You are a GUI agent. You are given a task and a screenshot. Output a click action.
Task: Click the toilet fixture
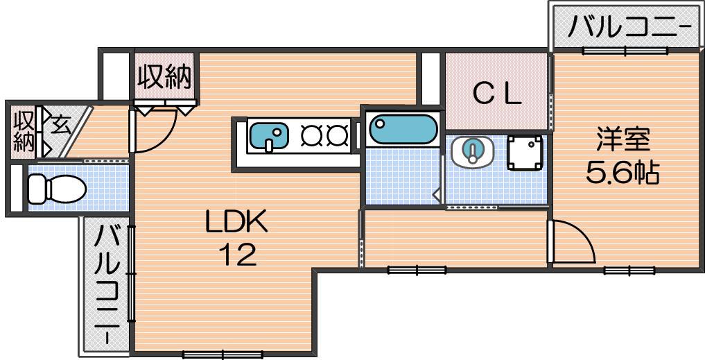[57, 189]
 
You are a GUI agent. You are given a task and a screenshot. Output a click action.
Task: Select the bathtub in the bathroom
[403, 129]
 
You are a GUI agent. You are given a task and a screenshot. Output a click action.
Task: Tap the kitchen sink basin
[269, 136]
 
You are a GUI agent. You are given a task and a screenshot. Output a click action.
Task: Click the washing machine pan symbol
[525, 152]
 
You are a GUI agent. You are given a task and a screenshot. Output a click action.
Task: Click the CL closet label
[497, 94]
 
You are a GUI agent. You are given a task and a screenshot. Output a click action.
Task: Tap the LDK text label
[237, 222]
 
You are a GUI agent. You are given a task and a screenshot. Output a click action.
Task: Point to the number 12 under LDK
[237, 255]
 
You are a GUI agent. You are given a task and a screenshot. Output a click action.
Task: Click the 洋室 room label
[623, 140]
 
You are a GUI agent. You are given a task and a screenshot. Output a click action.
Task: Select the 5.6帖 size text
[623, 172]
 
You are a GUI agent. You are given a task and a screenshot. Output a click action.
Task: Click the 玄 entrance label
[61, 126]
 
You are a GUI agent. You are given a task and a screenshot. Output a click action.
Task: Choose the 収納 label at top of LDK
[164, 77]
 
